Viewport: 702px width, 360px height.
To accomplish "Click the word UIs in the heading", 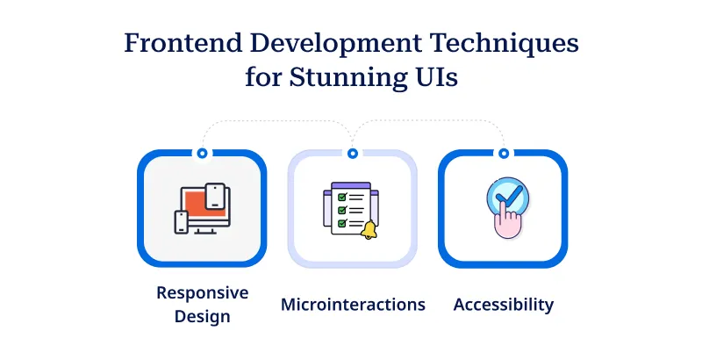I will [433, 77].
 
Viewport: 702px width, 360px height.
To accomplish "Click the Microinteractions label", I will [353, 305].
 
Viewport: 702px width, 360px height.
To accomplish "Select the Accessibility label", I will [504, 305].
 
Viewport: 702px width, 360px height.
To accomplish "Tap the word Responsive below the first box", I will [203, 293].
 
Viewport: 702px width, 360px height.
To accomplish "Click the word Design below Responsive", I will [203, 316].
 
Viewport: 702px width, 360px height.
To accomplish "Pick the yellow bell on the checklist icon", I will [369, 231].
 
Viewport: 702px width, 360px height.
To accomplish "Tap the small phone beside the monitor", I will [182, 222].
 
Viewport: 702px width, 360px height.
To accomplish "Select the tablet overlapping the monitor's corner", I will [217, 196].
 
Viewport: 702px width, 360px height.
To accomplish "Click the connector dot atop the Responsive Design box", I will [203, 153].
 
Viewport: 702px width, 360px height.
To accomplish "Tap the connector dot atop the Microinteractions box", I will [353, 153].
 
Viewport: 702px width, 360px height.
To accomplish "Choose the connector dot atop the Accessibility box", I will [503, 153].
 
